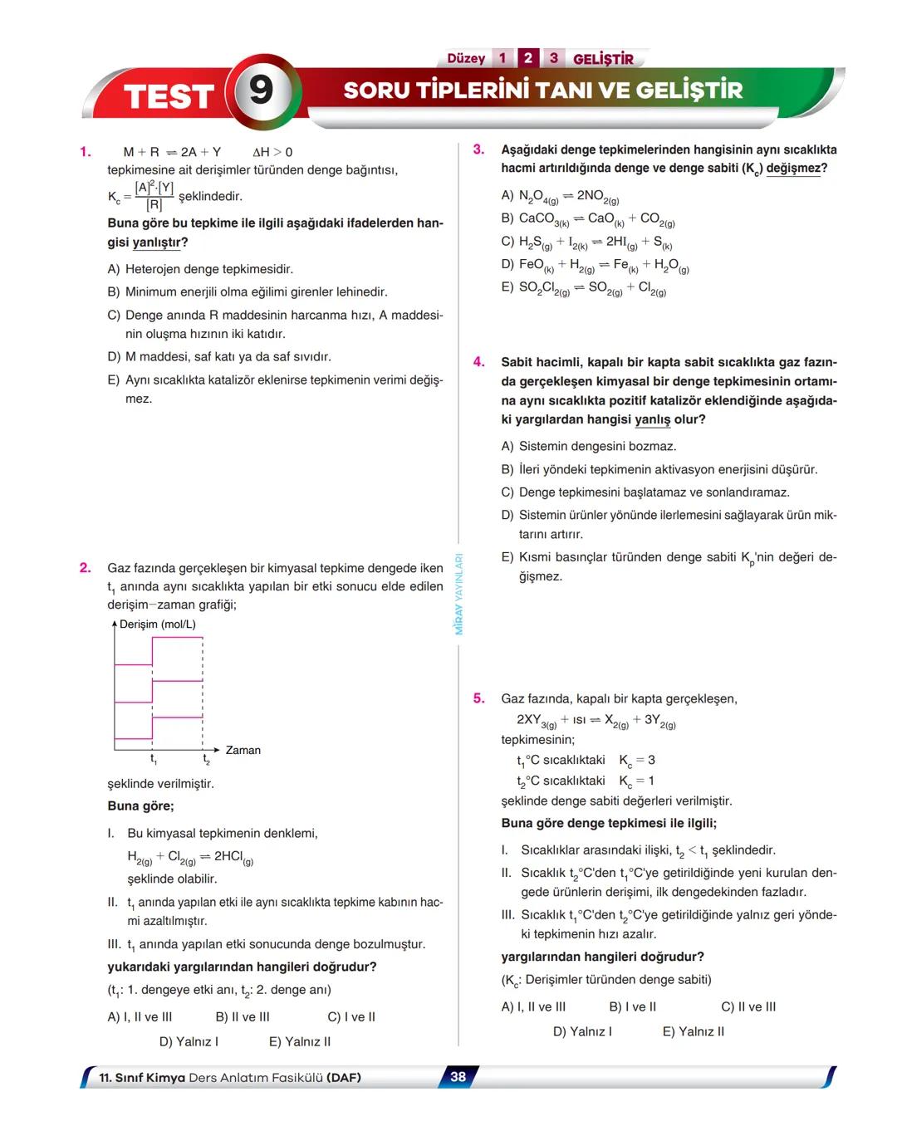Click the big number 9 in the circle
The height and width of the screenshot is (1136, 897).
click(261, 90)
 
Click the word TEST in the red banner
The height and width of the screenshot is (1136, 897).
click(169, 96)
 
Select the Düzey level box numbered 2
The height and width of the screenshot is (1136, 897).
click(527, 58)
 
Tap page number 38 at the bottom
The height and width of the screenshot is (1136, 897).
click(458, 1077)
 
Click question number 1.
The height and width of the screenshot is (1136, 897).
click(85, 151)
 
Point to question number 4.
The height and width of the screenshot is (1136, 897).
click(479, 362)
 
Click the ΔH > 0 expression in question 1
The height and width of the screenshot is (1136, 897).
click(272, 152)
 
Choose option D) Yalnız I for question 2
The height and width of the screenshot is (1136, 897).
click(189, 1041)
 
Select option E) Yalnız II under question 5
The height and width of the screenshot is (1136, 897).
click(693, 1031)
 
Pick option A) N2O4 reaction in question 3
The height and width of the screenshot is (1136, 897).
click(560, 197)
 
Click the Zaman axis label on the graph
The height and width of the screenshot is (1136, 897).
click(243, 750)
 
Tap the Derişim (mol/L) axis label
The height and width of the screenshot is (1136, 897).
click(158, 624)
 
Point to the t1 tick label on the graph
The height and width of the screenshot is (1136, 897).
click(154, 759)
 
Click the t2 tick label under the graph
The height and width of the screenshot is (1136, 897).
click(206, 759)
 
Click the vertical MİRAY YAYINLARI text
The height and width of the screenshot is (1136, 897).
click(458, 594)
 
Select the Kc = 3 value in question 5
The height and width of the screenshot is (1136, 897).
click(637, 761)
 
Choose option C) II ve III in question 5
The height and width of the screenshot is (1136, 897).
click(748, 1006)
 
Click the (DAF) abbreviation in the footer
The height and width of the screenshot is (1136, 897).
click(344, 1078)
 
